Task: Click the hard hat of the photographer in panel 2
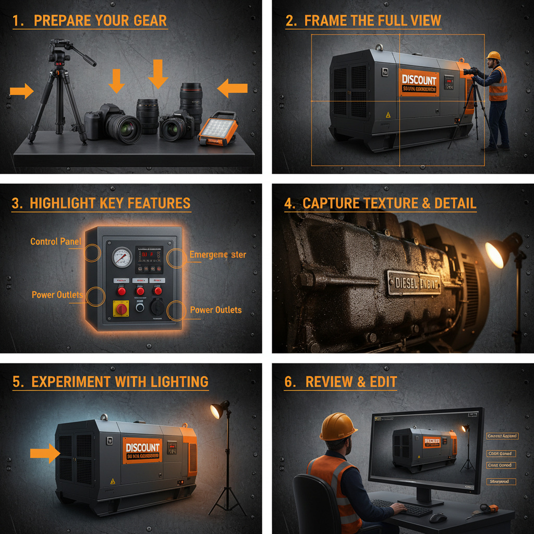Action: tap(493, 56)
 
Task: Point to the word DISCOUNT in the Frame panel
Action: tap(419, 80)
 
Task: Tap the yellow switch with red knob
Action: tap(122, 308)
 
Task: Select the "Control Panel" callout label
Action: tap(55, 241)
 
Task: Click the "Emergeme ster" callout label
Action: tap(217, 254)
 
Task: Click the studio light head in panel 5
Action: tap(218, 410)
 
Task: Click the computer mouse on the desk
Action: tap(438, 517)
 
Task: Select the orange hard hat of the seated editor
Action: tap(338, 427)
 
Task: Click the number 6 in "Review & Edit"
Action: tap(288, 382)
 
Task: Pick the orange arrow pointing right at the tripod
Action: tap(21, 92)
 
